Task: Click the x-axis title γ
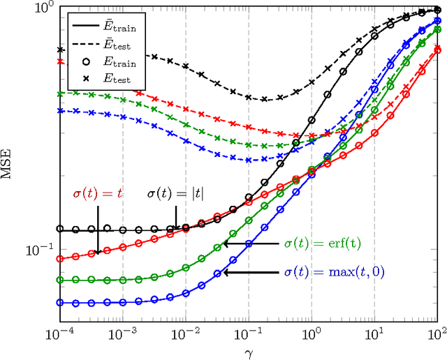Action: [x=248, y=350]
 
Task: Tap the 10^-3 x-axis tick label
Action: [x=122, y=332]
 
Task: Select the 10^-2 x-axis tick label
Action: [x=185, y=332]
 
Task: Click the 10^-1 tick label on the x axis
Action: [x=248, y=332]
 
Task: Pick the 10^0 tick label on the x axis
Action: [x=312, y=332]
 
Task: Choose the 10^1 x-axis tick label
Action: [x=374, y=332]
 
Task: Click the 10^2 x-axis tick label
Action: [x=437, y=332]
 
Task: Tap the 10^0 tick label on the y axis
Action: [x=43, y=9]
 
